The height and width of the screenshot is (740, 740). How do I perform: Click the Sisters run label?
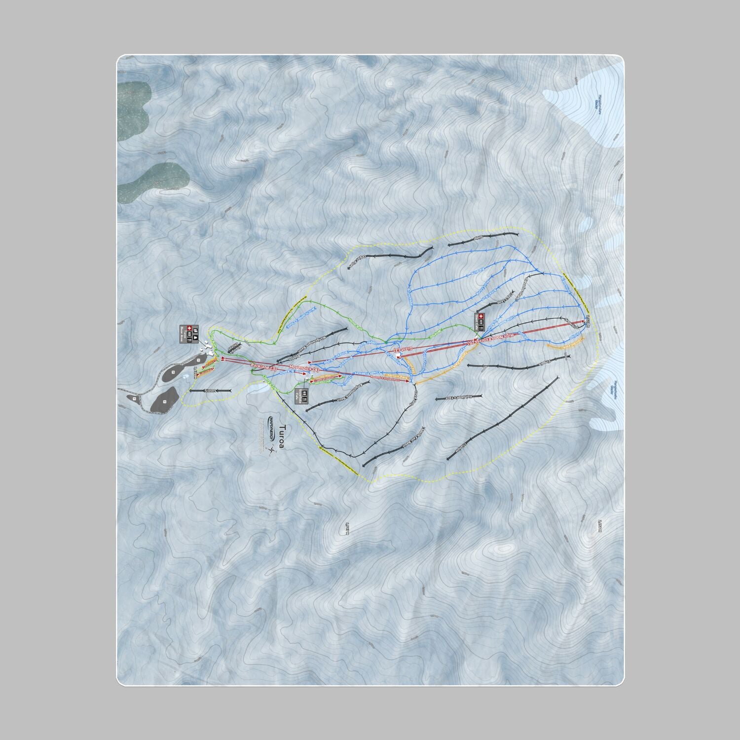pyautogui.click(x=204, y=390)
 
